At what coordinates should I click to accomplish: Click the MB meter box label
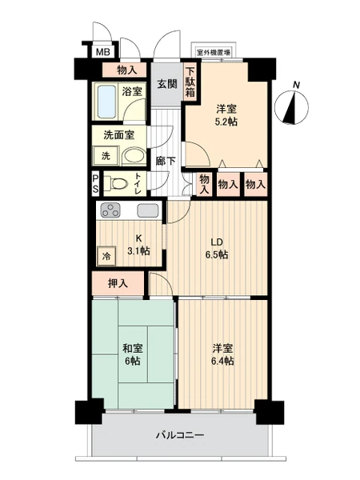103,52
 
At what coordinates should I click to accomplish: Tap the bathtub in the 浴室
106,102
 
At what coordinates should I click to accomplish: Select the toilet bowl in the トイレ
118,184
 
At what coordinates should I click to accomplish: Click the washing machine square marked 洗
106,156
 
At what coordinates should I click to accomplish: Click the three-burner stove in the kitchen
110,210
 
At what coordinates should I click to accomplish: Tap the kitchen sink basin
148,210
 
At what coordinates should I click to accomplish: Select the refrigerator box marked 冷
107,256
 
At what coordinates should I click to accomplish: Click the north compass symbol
292,106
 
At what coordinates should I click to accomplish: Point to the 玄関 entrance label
167,83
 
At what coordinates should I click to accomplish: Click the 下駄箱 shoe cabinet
190,82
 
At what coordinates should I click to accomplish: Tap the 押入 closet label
118,284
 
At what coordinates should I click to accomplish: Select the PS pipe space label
95,184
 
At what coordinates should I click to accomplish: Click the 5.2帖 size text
226,122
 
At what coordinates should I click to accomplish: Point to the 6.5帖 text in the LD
217,254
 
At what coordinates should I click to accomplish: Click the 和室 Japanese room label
133,348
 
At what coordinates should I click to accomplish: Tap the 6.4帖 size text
223,361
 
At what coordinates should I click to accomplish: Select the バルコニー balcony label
180,435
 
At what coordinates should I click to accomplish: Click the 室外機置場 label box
214,53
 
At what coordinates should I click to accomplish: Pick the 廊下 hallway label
166,161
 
